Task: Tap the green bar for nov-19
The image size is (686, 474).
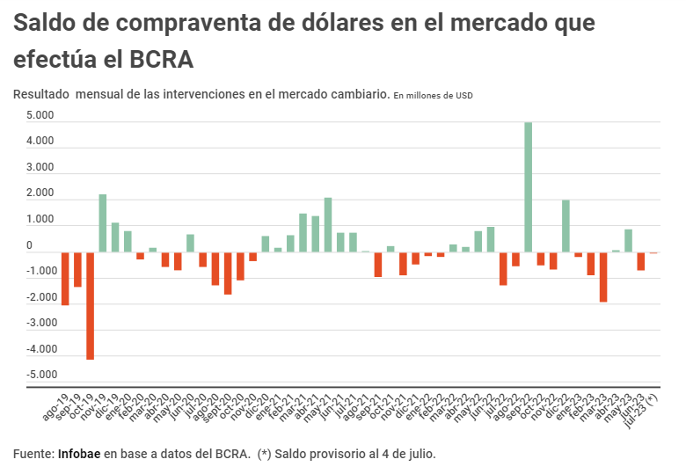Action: (x=103, y=223)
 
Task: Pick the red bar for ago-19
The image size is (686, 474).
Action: (x=65, y=279)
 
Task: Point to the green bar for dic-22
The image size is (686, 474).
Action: (x=566, y=226)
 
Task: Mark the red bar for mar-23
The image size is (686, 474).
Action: (x=603, y=277)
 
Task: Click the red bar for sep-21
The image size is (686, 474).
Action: (x=378, y=265)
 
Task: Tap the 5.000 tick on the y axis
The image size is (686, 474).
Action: (x=40, y=116)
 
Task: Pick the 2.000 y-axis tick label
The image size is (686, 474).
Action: (x=40, y=193)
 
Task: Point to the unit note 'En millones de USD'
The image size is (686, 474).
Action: (x=433, y=95)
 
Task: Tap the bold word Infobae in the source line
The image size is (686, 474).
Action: (x=79, y=454)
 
